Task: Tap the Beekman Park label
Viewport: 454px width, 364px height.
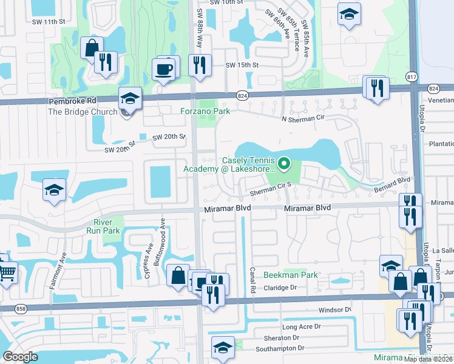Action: (291, 275)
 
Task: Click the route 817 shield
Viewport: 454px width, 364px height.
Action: (412, 76)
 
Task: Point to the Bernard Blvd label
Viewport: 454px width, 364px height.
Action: (396, 181)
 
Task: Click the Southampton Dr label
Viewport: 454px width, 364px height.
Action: (280, 348)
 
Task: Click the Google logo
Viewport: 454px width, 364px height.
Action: (20, 357)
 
